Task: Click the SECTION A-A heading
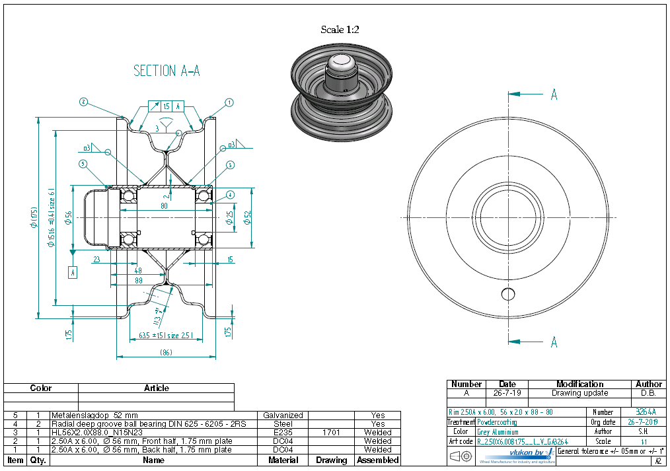click(167, 71)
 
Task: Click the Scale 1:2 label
click(340, 29)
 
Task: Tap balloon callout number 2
click(83, 102)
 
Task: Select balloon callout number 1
click(229, 102)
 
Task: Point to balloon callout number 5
click(83, 164)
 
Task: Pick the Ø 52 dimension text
click(247, 217)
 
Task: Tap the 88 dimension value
click(139, 281)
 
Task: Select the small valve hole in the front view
click(508, 293)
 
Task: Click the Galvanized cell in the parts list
click(283, 416)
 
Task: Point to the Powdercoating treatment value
click(497, 422)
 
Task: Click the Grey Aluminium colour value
click(498, 432)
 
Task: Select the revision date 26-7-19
click(507, 393)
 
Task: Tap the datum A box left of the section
click(73, 272)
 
